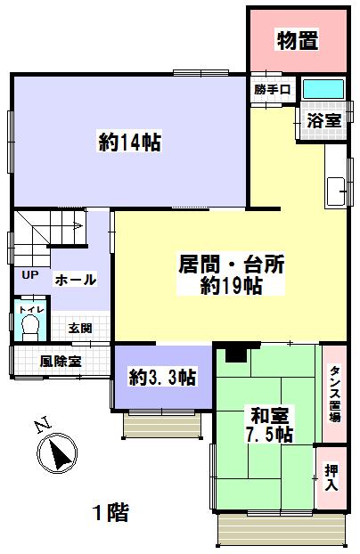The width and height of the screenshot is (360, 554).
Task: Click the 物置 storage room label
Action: point(297,40)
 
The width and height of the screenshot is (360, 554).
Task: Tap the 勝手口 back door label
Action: point(272,90)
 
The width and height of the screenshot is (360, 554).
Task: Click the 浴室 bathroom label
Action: point(323,120)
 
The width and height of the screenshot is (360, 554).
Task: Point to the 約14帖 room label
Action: point(130,142)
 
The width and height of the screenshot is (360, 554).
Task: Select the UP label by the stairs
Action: point(30,274)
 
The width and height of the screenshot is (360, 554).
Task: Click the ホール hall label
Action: point(76,280)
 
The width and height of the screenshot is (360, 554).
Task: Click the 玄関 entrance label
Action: point(80,328)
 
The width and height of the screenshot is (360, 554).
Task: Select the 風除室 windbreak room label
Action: point(61,362)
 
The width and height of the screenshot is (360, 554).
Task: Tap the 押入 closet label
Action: point(331,477)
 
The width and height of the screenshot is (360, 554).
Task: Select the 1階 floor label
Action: point(111,513)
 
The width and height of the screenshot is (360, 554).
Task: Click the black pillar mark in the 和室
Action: point(236,354)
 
